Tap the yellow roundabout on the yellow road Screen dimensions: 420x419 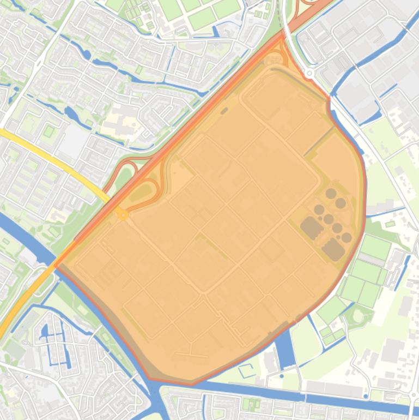(x=124, y=215)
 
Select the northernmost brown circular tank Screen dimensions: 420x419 (x=331, y=193)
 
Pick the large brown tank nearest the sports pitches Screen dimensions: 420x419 (x=333, y=250)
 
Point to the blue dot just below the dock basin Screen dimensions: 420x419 (x=282, y=376)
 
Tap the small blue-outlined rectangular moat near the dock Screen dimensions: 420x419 (x=246, y=370)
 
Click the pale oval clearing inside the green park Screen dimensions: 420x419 (x=359, y=315)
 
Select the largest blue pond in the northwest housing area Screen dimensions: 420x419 (x=71, y=115)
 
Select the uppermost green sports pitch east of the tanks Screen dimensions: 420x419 (x=376, y=247)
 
